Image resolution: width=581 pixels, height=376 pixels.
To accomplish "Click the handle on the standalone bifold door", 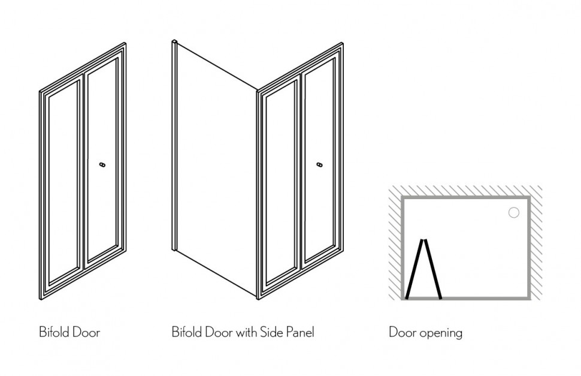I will (x=102, y=164).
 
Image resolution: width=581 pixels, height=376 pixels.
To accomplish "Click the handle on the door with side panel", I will (x=319, y=164).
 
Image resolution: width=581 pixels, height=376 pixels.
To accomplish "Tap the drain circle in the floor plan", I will (x=513, y=212).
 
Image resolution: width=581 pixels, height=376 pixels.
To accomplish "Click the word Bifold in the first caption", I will (x=51, y=332).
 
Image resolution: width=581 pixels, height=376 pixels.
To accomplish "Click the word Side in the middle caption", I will (x=267, y=332).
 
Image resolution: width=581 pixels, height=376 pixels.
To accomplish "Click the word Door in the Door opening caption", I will (x=402, y=332).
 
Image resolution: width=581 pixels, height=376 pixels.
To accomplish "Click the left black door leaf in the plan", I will (x=414, y=269).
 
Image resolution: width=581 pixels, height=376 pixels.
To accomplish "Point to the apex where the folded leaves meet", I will (x=424, y=240).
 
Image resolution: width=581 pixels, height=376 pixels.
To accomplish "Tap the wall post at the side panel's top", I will (x=173, y=43).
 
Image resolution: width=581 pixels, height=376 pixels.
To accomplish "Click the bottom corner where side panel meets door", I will (x=258, y=296).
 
